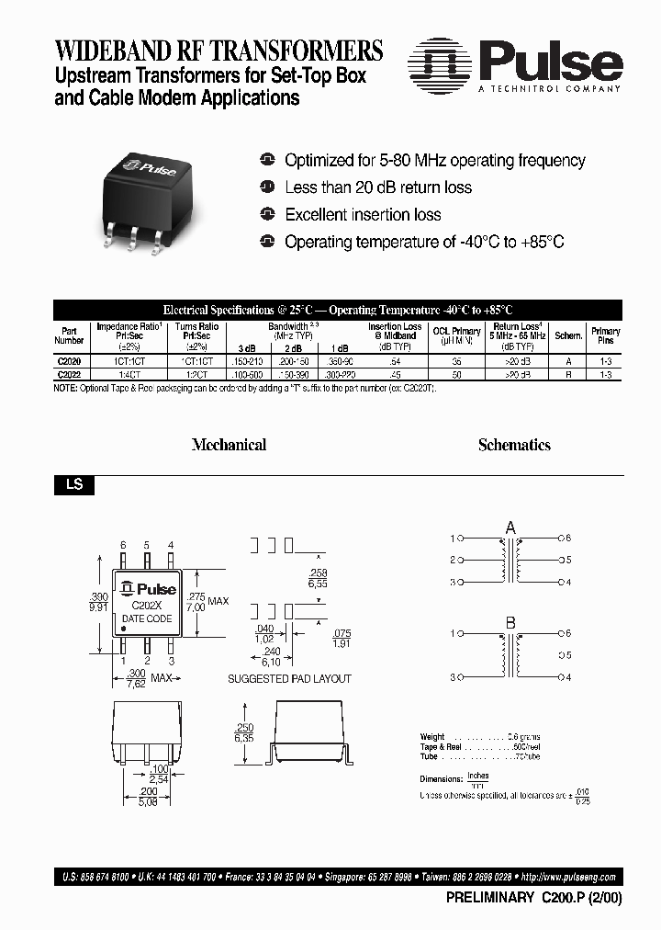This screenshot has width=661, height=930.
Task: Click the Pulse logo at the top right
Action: pos(515,65)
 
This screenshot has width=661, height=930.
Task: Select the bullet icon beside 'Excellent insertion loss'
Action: pos(267,214)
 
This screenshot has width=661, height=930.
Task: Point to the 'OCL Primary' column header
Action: pos(456,335)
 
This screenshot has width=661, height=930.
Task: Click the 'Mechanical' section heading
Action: pos(229,445)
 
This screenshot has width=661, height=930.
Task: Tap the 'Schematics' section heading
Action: pos(514,445)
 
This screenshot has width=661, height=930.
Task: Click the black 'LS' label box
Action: pos(73,484)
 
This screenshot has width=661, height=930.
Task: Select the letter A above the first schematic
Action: pos(510,527)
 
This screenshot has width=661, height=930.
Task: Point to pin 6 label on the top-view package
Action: pos(124,546)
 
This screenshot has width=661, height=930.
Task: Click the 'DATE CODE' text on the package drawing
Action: pos(147,618)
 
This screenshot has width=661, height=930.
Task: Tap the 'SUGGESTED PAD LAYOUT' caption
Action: pos(289,679)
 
